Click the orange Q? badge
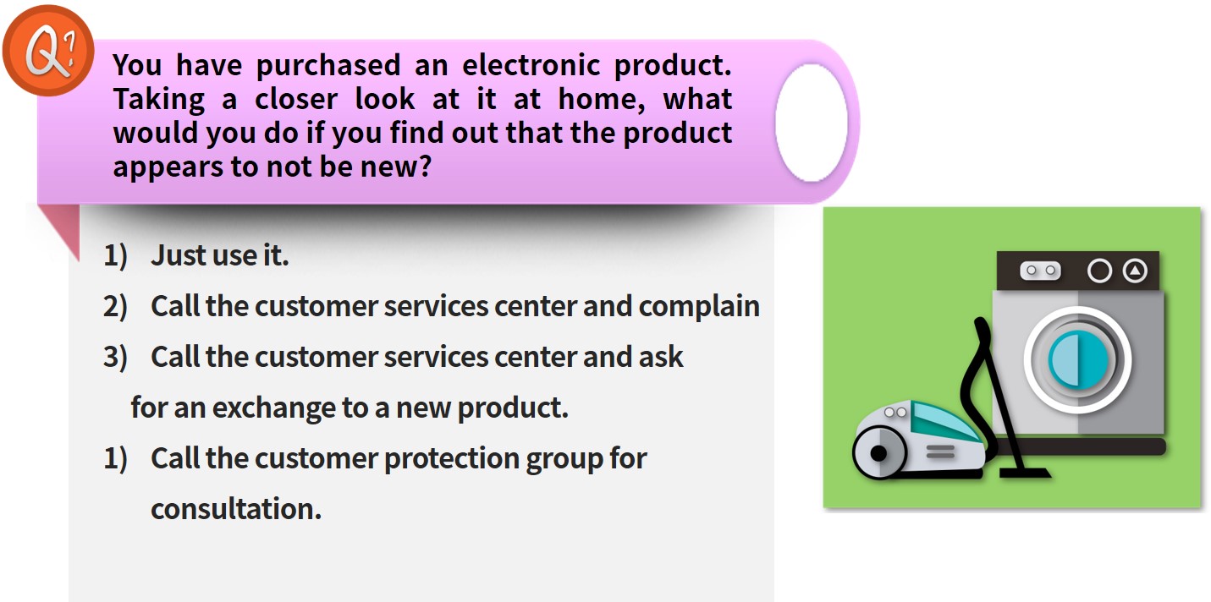(48, 50)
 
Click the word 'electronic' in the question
(531, 65)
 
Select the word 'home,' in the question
(601, 100)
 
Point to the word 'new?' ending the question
(396, 167)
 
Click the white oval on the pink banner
(811, 123)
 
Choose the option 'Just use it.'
(219, 255)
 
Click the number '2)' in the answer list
(115, 307)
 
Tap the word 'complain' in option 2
(699, 307)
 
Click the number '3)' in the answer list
(115, 358)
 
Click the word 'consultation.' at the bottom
(236, 509)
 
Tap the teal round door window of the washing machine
(1078, 360)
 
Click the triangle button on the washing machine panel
(1135, 271)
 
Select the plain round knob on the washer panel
(1099, 271)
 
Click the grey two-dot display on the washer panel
(1040, 271)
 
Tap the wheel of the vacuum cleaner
(879, 452)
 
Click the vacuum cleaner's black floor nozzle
(1025, 473)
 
